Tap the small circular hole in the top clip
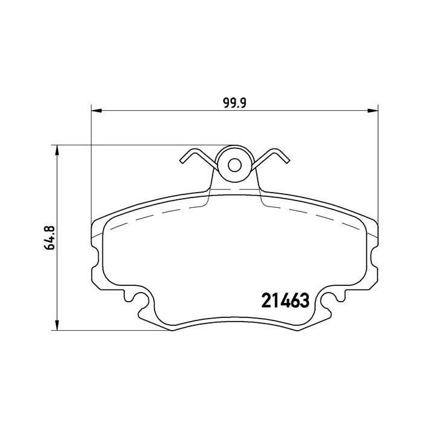234,164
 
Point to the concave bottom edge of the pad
234,320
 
